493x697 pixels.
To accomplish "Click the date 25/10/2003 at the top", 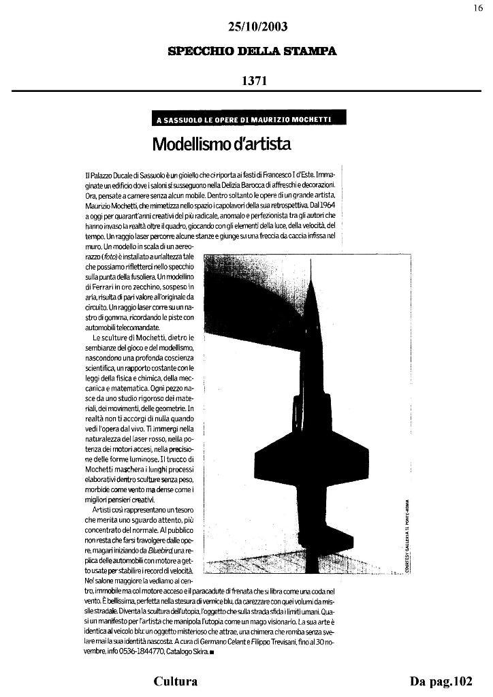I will [x=257, y=27].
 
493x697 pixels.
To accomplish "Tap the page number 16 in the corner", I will [x=478, y=7].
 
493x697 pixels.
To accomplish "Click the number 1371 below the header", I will [x=253, y=80].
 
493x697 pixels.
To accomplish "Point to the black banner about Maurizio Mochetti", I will [x=249, y=120].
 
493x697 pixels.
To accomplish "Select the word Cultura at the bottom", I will [x=176, y=681].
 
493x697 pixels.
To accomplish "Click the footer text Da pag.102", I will [x=441, y=681].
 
